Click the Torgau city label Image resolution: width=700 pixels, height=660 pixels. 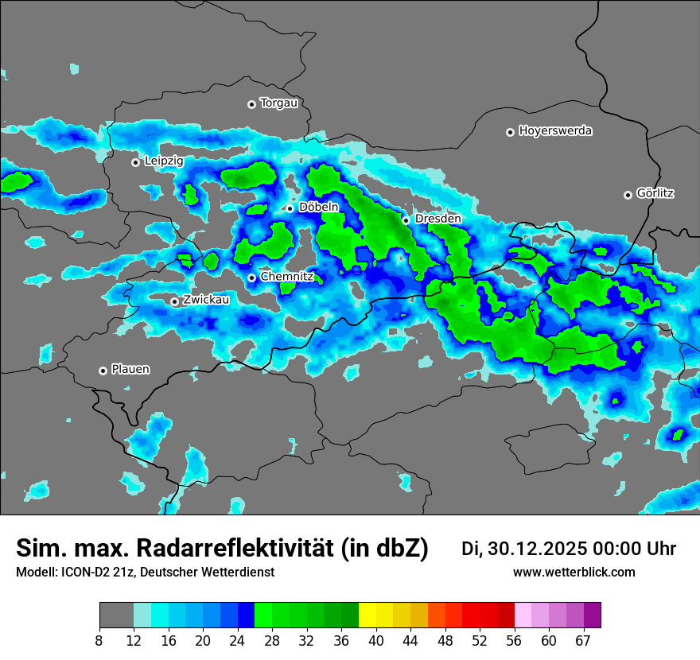click(x=278, y=103)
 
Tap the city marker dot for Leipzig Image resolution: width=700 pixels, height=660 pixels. click(x=135, y=162)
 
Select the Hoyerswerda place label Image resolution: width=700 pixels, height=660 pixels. click(x=555, y=131)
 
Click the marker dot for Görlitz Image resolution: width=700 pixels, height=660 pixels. click(x=628, y=195)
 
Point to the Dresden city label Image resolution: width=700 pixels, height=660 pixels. click(x=437, y=219)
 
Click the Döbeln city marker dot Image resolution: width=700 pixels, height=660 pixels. click(x=290, y=208)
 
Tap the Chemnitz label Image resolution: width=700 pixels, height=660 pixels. click(x=287, y=277)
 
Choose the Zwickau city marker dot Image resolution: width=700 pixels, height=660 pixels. click(x=175, y=301)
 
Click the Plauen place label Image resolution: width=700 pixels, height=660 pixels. click(x=130, y=370)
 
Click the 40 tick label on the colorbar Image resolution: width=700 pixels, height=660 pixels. click(x=376, y=640)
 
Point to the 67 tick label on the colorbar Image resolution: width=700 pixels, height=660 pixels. click(x=583, y=640)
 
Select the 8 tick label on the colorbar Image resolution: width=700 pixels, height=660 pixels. click(x=99, y=640)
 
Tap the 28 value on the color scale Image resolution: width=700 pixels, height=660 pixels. click(x=272, y=640)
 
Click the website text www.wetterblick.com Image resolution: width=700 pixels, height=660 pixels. click(x=574, y=573)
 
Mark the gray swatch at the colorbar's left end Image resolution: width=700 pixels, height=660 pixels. click(x=116, y=615)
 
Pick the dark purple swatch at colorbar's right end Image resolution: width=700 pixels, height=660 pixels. click(x=592, y=615)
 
